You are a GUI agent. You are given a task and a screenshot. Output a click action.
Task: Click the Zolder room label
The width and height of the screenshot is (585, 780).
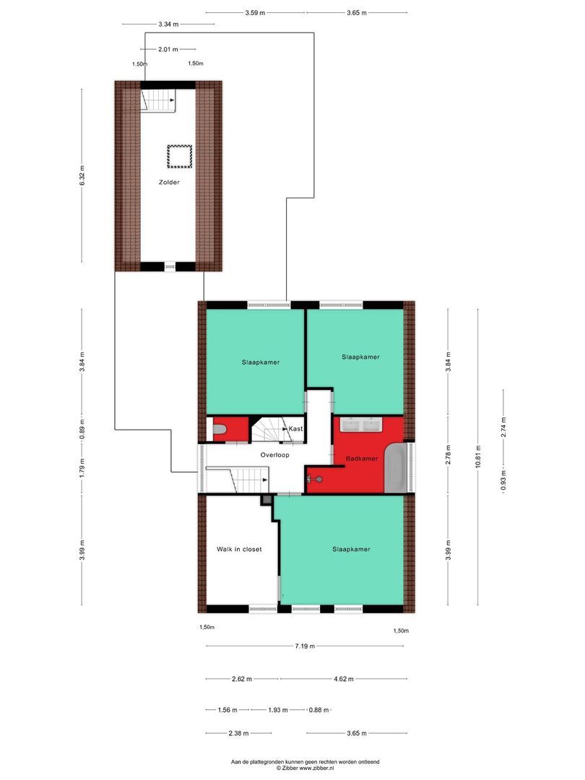coord(169,183)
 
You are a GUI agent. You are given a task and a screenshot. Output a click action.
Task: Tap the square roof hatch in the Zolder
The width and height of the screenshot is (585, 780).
coord(179,155)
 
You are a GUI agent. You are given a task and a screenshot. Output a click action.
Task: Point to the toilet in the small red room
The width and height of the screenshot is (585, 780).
coord(220,431)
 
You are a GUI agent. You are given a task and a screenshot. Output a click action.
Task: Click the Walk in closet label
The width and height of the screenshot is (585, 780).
coord(239,549)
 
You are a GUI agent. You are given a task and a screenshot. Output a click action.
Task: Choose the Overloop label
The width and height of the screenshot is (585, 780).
coord(274,455)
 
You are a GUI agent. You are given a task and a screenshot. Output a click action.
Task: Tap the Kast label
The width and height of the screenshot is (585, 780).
coord(295,429)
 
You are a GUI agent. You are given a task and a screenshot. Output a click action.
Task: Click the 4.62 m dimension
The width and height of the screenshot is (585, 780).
coord(343,678)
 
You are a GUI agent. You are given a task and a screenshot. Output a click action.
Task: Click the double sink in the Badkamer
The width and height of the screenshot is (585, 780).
coord(361,425)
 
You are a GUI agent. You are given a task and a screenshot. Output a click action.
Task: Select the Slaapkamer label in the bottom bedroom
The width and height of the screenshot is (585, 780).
coord(351,549)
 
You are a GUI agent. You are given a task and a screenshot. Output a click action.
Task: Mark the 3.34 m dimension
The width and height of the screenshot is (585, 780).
coord(168,25)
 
